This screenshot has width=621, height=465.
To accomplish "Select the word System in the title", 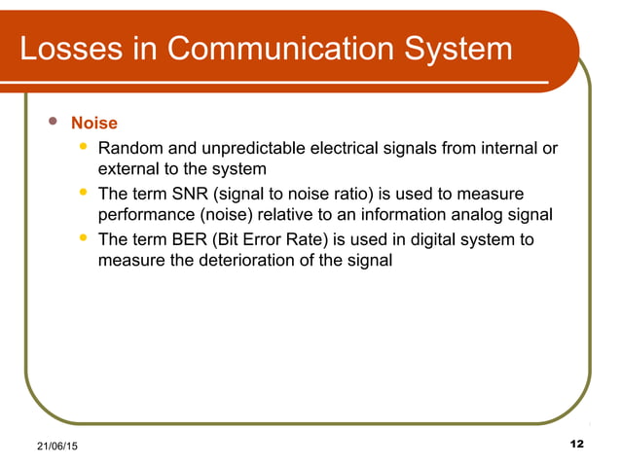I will click(457, 48).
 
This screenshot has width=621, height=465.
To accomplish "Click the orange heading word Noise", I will click(94, 124).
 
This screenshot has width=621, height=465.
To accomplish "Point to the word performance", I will click(147, 215).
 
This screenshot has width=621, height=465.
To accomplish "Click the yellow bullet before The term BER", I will click(84, 237).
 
